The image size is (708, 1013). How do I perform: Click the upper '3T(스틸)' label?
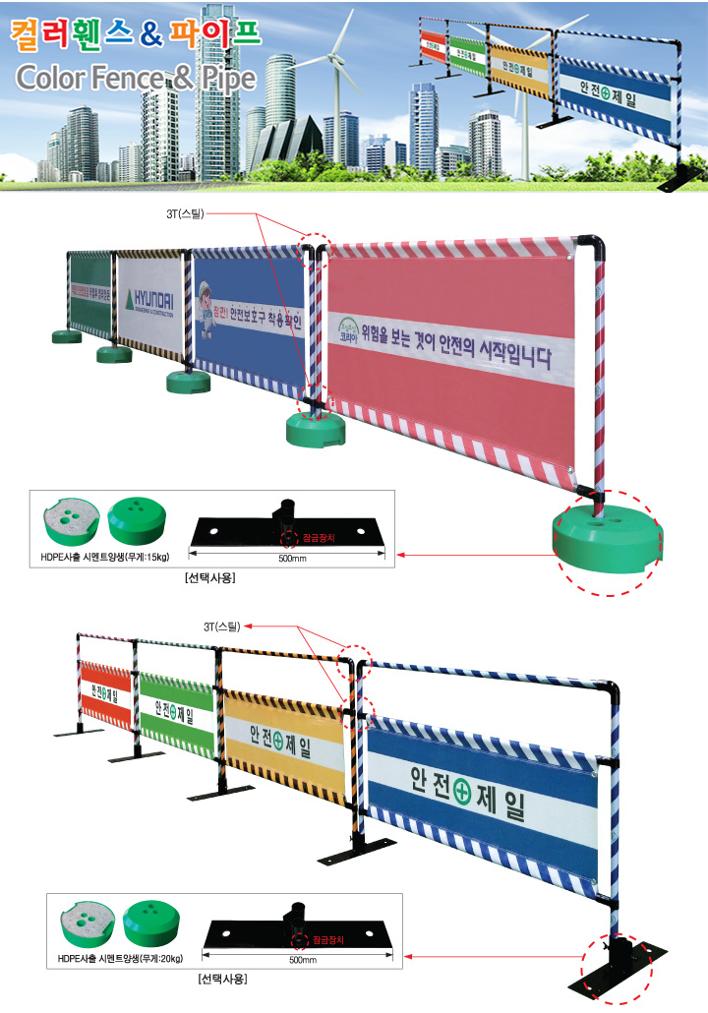(183, 212)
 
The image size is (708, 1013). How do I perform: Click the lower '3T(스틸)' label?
(222, 625)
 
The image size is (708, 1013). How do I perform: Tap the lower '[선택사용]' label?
(221, 979)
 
